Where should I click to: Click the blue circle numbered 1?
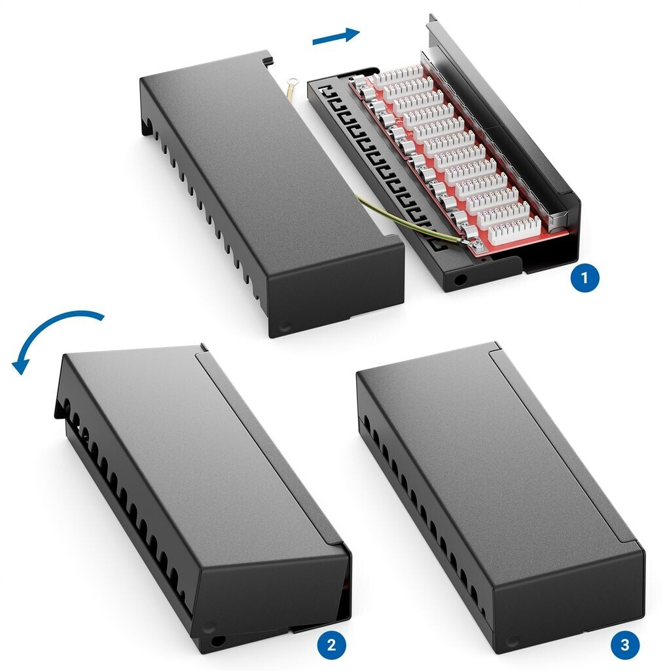point(584,278)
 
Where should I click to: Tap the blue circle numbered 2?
point(332,645)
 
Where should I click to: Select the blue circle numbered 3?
point(624,645)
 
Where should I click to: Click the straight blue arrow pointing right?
point(336,35)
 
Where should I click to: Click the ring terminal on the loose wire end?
point(293,81)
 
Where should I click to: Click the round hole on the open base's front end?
point(460,280)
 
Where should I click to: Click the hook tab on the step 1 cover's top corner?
point(268,59)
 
